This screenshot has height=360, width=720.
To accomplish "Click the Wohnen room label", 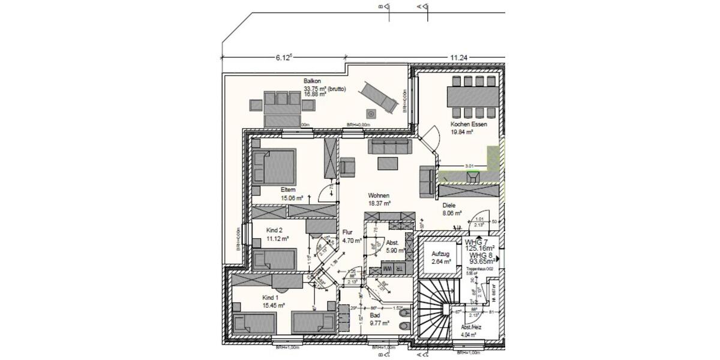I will point(379,196).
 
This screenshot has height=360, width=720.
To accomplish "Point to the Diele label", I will point(449,205).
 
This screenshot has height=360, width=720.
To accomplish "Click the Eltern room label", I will point(289,190).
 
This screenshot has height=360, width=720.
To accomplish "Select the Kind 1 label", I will point(271,298).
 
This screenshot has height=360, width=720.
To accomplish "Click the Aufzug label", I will point(440,254).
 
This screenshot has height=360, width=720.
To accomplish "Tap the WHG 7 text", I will point(478,241).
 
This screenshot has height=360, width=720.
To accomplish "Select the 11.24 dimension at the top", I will point(458,58).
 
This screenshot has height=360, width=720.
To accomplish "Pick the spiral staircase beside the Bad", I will point(437,306).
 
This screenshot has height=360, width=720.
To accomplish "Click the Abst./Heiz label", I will point(471,328).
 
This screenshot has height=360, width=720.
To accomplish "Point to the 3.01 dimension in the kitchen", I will point(470,166).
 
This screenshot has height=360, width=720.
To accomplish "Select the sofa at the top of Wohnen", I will point(390,146).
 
